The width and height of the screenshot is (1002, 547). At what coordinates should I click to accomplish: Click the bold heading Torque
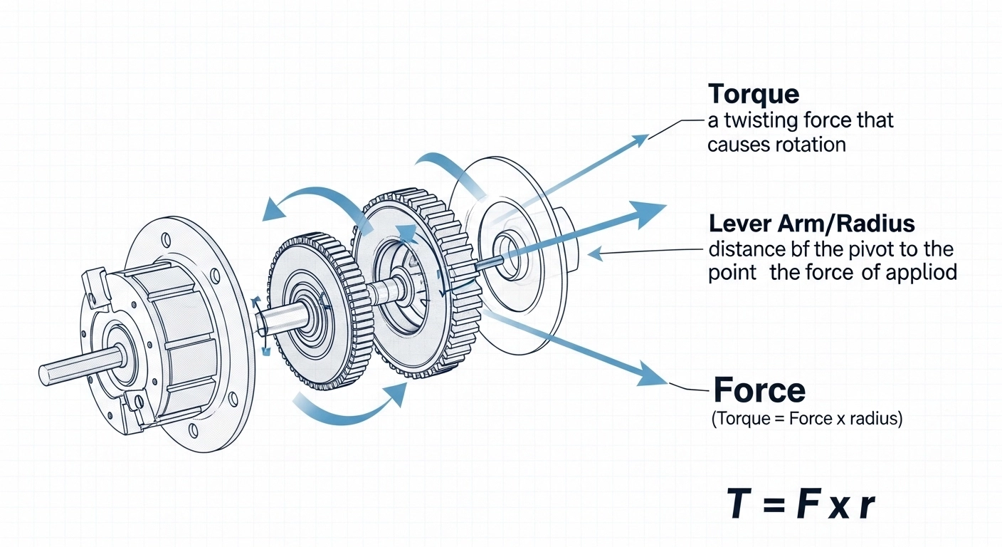[754, 95]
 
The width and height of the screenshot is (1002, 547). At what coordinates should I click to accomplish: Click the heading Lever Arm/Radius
[812, 224]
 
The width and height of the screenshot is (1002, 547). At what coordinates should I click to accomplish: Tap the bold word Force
[759, 390]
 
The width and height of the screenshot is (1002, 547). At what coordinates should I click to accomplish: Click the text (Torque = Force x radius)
[807, 419]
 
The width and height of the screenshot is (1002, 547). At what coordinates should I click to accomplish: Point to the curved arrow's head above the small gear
[274, 210]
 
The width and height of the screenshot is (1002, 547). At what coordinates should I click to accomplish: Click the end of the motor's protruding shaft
[44, 374]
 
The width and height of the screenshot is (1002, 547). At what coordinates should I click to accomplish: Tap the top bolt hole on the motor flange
[167, 239]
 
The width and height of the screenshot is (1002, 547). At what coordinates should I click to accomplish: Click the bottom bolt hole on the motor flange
[194, 430]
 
